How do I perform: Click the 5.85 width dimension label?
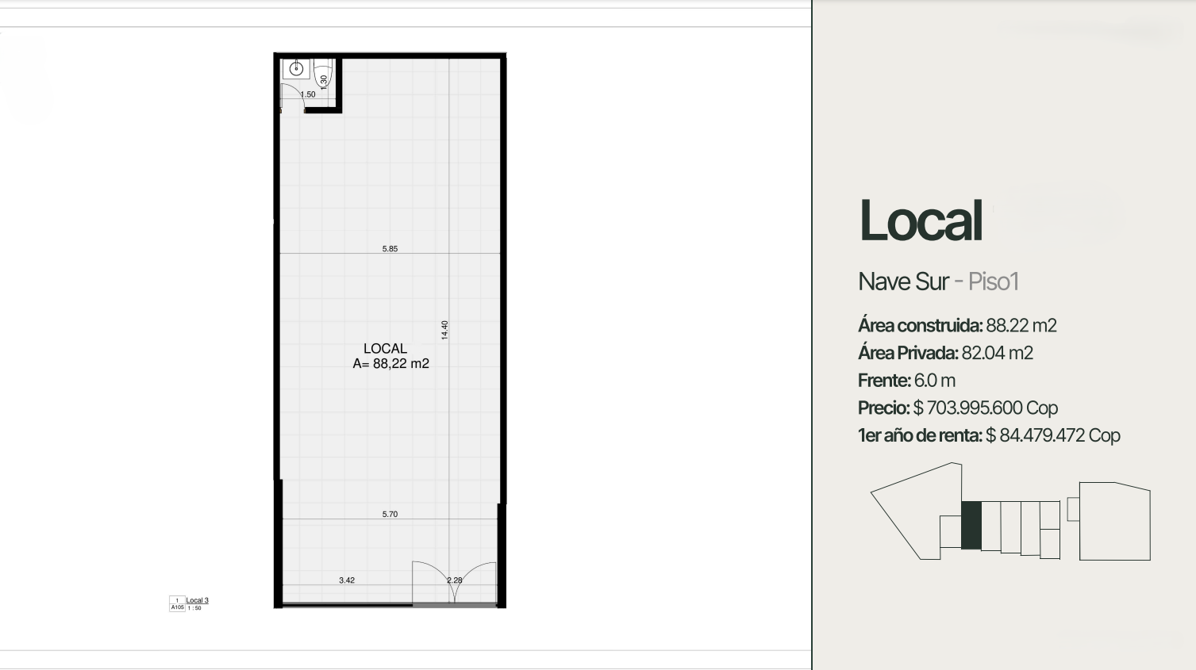390,249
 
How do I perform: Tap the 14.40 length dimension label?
444,330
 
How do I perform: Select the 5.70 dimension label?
390,515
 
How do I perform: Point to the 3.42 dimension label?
347,580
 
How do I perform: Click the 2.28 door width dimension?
455,580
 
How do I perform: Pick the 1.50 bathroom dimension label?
308,94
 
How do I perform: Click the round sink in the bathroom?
296,69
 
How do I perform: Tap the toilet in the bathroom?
322,74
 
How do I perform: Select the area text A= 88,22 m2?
390,364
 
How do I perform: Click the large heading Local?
921,220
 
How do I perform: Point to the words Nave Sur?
903,281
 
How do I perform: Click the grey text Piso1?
994,281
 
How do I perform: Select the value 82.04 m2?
998,353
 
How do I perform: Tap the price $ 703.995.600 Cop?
986,408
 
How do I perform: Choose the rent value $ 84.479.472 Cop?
1053,436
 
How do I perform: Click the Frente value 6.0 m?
935,381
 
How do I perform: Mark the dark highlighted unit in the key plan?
971,526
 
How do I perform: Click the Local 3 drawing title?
197,601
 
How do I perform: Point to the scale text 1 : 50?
194,608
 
